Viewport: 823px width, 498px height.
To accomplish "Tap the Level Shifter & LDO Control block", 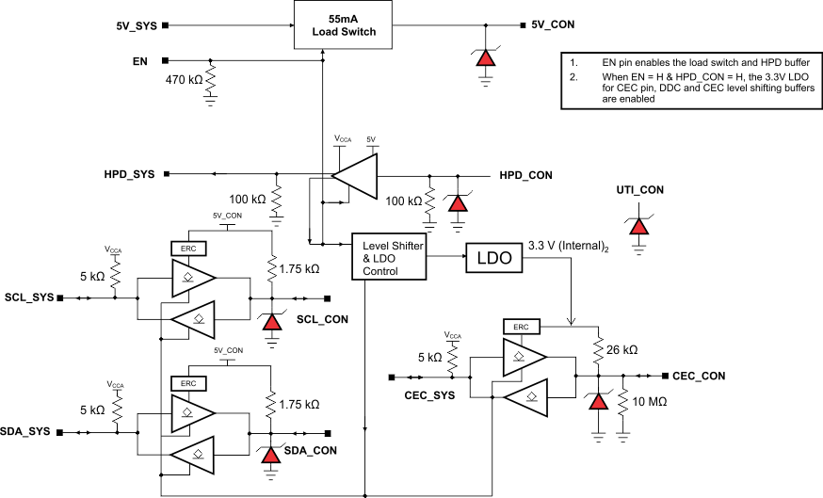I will (388, 258).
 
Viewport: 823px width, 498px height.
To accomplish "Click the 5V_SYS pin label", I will (129, 25).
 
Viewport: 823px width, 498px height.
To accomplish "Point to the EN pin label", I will (140, 61).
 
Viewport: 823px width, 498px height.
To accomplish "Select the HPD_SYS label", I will (131, 174).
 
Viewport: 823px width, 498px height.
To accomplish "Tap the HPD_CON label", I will (525, 176).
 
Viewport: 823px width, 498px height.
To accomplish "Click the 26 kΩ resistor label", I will (622, 349).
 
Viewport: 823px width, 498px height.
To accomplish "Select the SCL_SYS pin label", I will (28, 297).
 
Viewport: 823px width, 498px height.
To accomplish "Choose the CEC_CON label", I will (699, 376).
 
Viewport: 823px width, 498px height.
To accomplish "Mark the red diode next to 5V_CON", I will (486, 56).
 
